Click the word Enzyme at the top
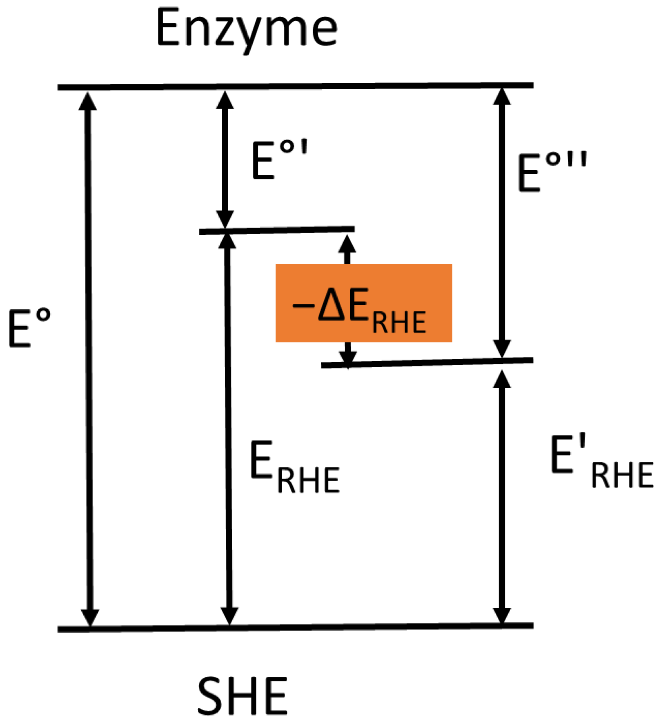click(x=246, y=29)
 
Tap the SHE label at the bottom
click(x=242, y=696)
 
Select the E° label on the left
click(x=29, y=328)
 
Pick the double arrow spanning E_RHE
click(x=228, y=428)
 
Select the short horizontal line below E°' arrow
click(x=277, y=230)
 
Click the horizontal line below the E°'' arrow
click(x=427, y=363)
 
